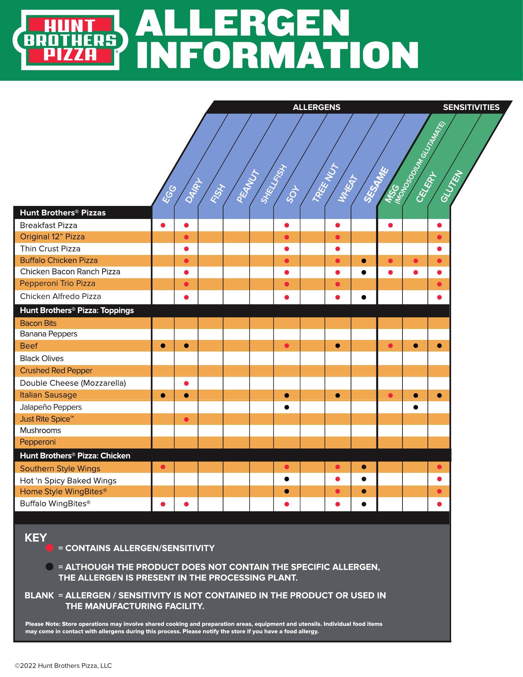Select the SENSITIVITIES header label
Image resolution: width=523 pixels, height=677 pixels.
point(471,107)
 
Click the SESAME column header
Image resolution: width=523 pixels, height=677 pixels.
point(376,185)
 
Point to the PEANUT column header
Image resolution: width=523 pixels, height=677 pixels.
point(248,187)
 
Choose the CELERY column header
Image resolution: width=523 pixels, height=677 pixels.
point(426,187)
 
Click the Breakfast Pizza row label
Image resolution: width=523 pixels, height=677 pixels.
point(48,225)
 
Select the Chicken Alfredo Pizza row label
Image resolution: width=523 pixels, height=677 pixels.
point(60,297)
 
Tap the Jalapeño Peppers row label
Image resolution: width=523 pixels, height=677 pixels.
point(51,407)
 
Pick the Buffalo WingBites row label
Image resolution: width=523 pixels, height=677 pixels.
point(55,504)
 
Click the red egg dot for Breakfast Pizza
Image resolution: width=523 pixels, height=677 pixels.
point(163,225)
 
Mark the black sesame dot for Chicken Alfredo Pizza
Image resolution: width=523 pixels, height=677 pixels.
point(364,297)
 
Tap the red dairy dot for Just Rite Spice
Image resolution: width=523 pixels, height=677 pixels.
point(186,419)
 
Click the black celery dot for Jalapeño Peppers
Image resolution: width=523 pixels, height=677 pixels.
point(416,407)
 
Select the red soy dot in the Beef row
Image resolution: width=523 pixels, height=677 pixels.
point(287,346)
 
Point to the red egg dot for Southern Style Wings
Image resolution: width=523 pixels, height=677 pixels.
point(163,467)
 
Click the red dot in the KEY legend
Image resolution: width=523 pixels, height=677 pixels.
point(50,548)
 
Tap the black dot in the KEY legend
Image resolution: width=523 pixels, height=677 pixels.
point(50,567)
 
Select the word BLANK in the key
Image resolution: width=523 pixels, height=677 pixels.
point(39,596)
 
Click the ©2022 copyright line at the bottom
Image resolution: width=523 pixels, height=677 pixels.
point(63,666)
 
